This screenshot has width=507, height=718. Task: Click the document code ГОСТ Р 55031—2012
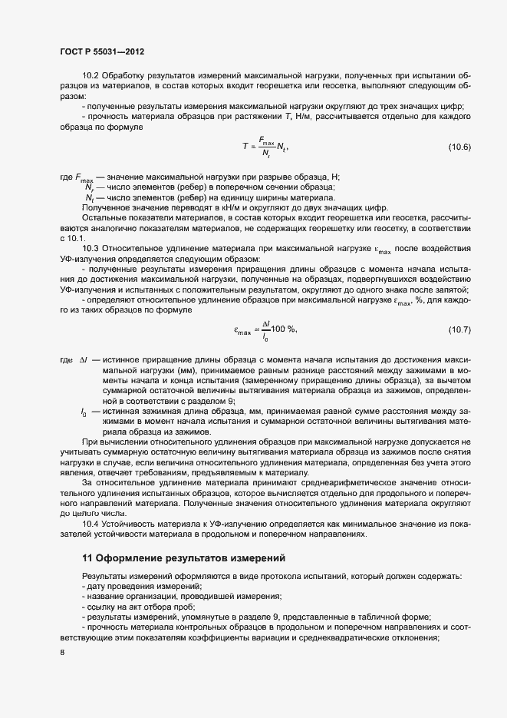coord(101,51)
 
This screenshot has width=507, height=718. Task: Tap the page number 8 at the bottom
coord(61,653)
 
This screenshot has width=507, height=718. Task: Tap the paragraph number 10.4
coord(91,523)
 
